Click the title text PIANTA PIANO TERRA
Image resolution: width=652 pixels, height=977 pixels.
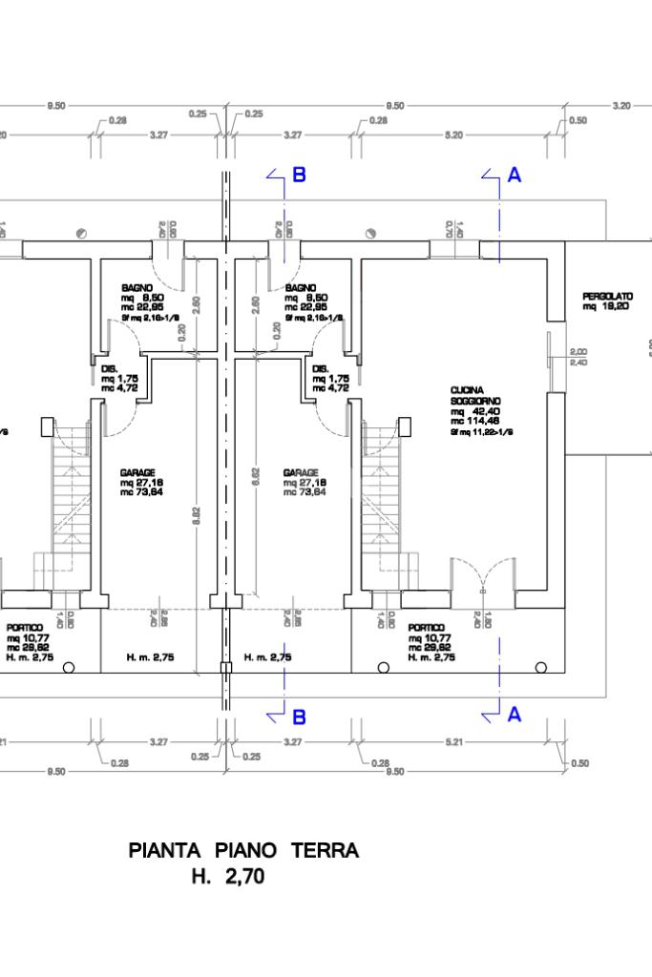point(243,851)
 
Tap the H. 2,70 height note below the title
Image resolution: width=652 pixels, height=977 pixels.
point(228,876)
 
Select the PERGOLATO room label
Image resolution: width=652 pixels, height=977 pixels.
point(607,297)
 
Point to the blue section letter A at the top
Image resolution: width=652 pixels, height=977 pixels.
point(515,176)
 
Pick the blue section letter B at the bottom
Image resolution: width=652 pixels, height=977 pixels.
point(299,716)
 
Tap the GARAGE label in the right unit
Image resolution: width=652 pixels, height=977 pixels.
point(300,472)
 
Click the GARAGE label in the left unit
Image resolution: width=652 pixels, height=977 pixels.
point(137,472)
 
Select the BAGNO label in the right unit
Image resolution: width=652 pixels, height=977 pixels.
point(300,287)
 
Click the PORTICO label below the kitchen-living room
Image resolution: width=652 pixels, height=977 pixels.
point(425,628)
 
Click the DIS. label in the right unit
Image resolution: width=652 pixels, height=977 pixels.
point(321,368)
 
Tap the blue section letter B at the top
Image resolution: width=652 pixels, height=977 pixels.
point(299,175)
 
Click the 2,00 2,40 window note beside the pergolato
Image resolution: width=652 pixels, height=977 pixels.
point(578,357)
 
